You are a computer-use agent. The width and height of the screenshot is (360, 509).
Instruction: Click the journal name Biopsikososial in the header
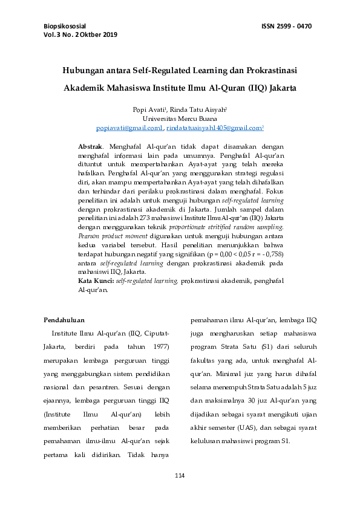tap(65, 26)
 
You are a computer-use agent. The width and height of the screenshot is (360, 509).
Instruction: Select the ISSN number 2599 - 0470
tap(294, 26)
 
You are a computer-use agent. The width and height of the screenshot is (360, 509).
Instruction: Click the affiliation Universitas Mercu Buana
tap(180, 119)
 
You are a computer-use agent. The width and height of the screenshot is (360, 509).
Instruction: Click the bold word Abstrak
tap(90, 147)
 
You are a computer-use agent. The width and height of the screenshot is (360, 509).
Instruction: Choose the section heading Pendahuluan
tap(64, 320)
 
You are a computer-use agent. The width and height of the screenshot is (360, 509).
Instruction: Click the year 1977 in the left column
tap(159, 347)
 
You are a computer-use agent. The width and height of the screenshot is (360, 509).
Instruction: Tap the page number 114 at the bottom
tap(179, 477)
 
